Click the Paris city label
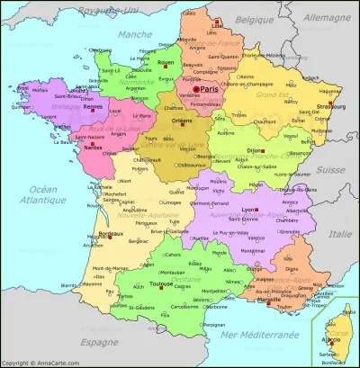pos(210,89)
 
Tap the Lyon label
pos(249,209)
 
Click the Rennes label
pos(91,110)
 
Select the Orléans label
pos(182,120)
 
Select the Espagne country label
pos(99,343)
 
